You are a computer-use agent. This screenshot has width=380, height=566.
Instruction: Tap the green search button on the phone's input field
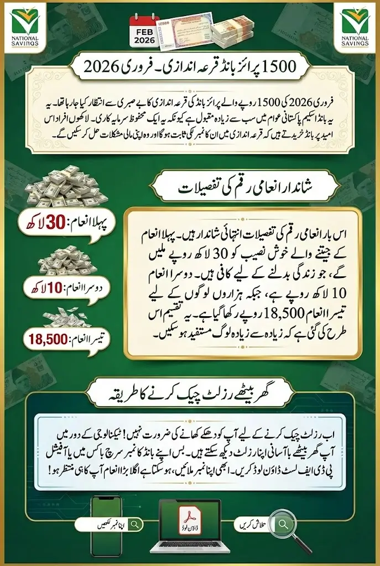[85, 523]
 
